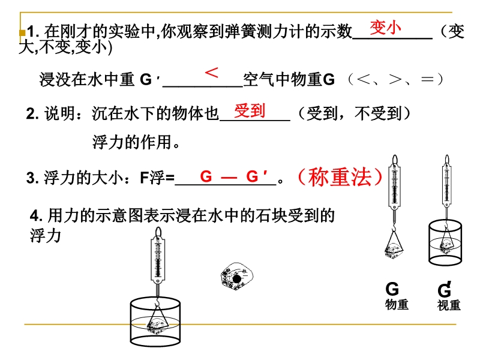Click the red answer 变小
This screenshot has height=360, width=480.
click(x=385, y=28)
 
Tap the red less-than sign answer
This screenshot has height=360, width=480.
click(x=212, y=73)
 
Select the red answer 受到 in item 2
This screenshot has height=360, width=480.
click(x=250, y=110)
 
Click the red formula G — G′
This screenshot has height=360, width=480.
click(x=234, y=176)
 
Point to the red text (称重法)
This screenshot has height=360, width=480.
click(x=340, y=177)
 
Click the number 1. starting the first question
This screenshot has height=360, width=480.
click(x=33, y=32)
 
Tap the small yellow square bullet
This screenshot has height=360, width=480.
click(x=22, y=32)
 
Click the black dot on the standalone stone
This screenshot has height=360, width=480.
click(x=237, y=279)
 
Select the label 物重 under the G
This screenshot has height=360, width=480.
click(x=397, y=304)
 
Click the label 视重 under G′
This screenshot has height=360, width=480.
click(x=449, y=305)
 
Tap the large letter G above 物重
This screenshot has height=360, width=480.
click(x=392, y=289)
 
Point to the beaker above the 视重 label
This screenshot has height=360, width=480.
click(x=445, y=243)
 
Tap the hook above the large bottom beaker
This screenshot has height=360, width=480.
click(x=157, y=302)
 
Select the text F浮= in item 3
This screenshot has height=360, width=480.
click(x=157, y=178)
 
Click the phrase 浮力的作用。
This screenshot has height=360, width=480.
click(x=136, y=142)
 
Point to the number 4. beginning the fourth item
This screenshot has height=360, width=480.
click(x=36, y=216)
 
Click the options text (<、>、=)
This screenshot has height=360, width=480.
click(x=395, y=79)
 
